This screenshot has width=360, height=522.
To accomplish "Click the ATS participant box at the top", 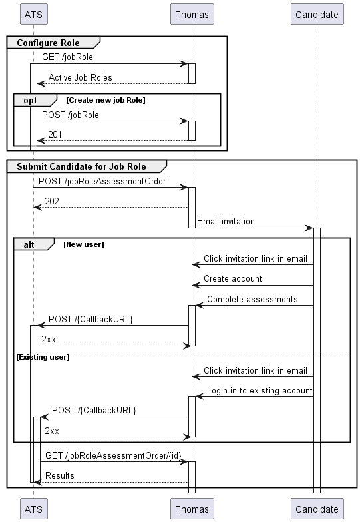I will point(33,14).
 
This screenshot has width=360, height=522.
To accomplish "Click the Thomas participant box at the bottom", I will point(192,509).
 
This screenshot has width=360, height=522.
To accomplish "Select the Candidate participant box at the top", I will point(317,14).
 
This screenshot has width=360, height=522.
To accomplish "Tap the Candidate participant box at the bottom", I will point(317,509).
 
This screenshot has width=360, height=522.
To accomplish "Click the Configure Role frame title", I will point(48,43).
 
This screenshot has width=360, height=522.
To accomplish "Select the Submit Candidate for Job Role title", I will point(81,166).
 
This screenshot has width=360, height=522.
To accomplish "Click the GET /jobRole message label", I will point(67,57).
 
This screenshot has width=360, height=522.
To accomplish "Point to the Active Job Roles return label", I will point(80,78).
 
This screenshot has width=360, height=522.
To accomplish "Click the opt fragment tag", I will point(31,99).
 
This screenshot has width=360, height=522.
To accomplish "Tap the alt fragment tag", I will point(29,244).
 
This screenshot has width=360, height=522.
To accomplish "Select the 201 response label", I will point(55,135).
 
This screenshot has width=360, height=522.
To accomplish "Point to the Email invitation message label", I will point(226,221).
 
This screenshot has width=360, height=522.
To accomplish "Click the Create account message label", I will point(232,278).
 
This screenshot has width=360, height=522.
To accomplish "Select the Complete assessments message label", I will point(252,299).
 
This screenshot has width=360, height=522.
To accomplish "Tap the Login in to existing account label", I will point(259,390).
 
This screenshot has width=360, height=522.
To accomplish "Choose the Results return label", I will point(59,475).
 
